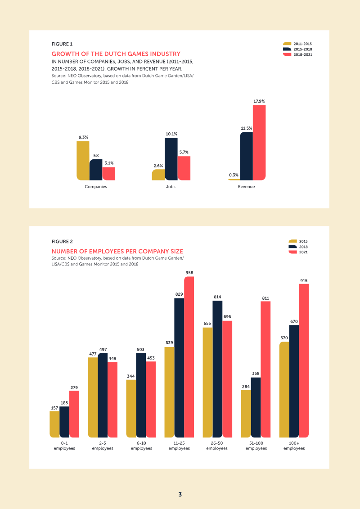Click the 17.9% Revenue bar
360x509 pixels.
coord(259,142)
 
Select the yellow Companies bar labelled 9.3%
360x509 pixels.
coord(83,161)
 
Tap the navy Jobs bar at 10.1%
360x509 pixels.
coord(171,159)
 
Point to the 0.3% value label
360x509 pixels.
coord(234,175)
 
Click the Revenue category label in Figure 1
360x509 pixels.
coord(246,186)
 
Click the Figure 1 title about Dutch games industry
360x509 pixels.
coord(116,54)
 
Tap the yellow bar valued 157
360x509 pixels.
coord(54,424)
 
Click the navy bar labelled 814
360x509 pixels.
coord(217,369)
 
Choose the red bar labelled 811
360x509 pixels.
coord(265,369)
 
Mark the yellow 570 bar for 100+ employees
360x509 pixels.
coord(284,390)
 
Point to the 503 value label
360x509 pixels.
coord(141,350)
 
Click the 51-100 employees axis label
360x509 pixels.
coord(256,446)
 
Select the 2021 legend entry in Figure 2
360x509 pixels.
coord(298,252)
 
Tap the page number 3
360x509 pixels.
coord(180,494)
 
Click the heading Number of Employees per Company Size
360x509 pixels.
coord(117,251)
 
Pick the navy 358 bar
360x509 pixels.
coord(256,407)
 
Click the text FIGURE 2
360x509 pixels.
coord(62,242)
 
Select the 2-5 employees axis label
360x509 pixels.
coord(103,446)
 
